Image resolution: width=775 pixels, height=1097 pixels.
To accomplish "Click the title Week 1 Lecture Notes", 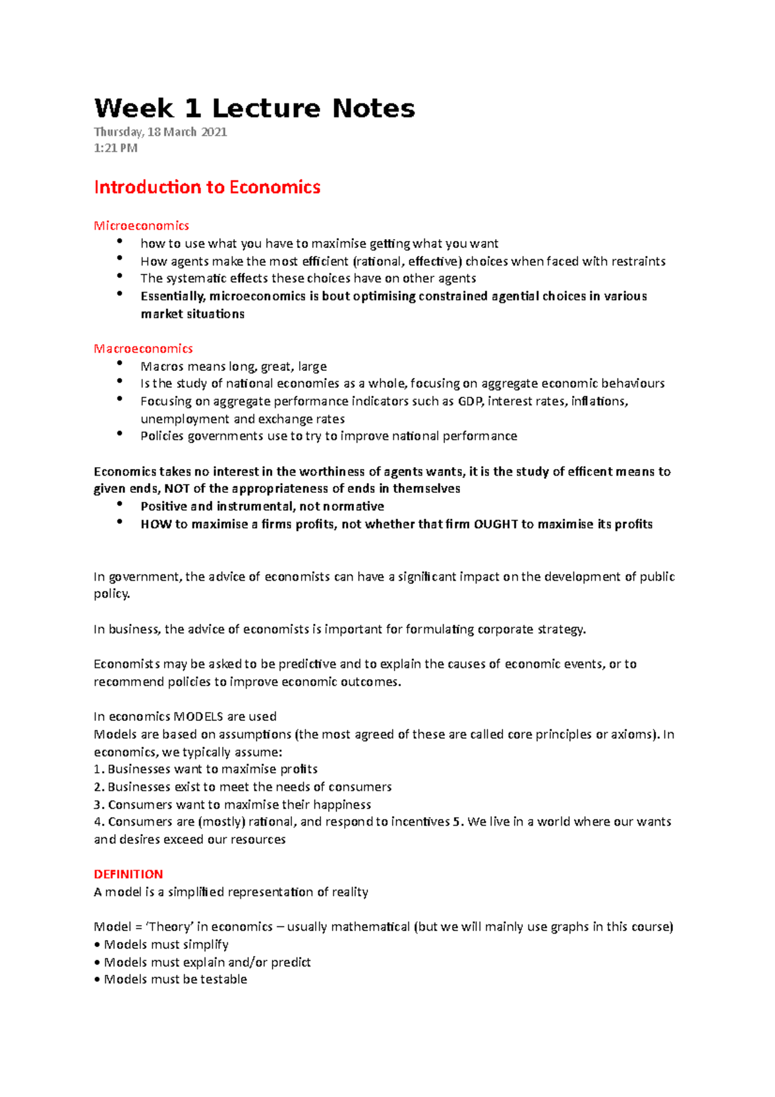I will [254, 109].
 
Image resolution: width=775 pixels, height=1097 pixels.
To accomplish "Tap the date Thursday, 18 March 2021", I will [160, 132].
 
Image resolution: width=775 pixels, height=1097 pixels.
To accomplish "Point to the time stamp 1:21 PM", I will [116, 148].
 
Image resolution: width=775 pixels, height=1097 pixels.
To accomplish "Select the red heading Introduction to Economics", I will [207, 187].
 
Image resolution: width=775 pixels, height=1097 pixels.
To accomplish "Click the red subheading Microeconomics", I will [141, 225].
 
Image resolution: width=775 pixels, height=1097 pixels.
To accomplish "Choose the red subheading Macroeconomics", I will [143, 348].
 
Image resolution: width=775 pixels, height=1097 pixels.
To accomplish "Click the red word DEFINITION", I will [129, 874].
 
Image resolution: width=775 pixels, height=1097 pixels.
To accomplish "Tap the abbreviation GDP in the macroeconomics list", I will [470, 401].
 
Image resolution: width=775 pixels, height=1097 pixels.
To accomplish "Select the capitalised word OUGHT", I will [496, 524].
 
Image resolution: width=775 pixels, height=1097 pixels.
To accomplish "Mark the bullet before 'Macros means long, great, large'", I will [119, 364].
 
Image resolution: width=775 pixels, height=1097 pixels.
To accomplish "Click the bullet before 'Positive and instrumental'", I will [119, 504].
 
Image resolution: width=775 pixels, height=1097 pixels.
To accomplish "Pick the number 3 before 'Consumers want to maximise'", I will [98, 805].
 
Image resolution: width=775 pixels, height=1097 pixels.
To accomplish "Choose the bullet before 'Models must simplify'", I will [97, 945].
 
